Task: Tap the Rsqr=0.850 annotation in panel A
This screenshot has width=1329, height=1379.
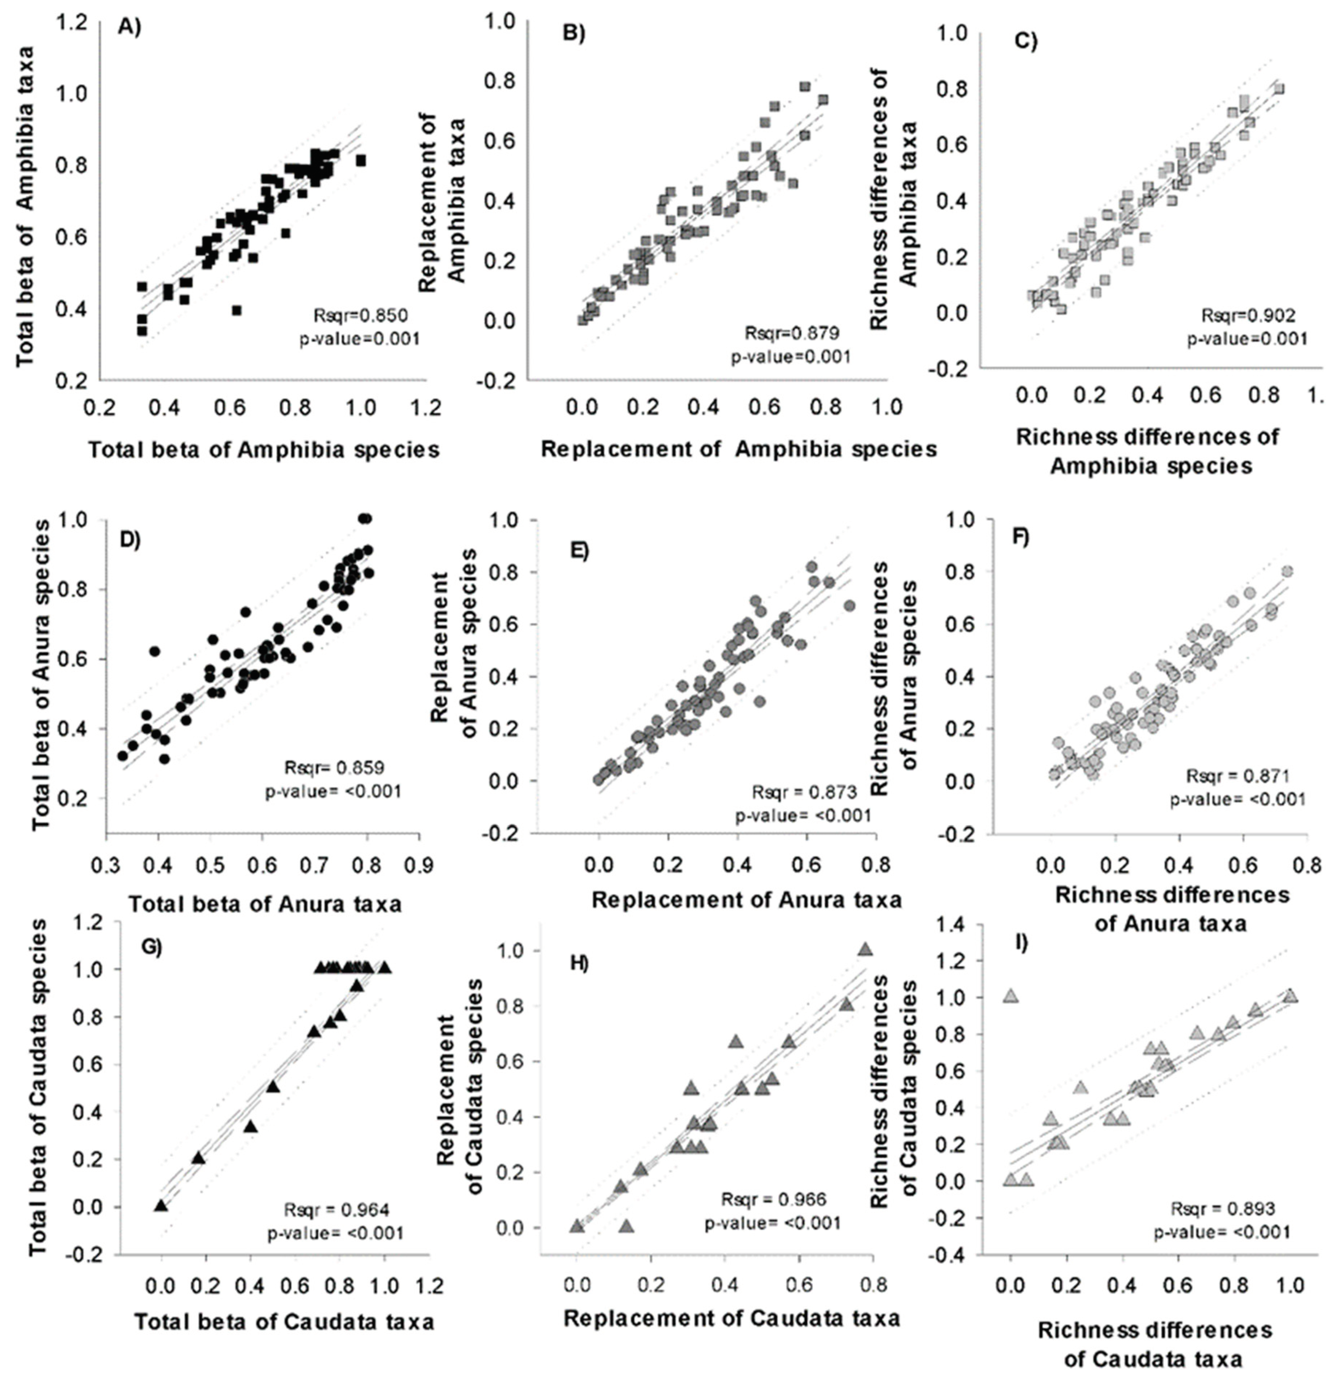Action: pos(360,314)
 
